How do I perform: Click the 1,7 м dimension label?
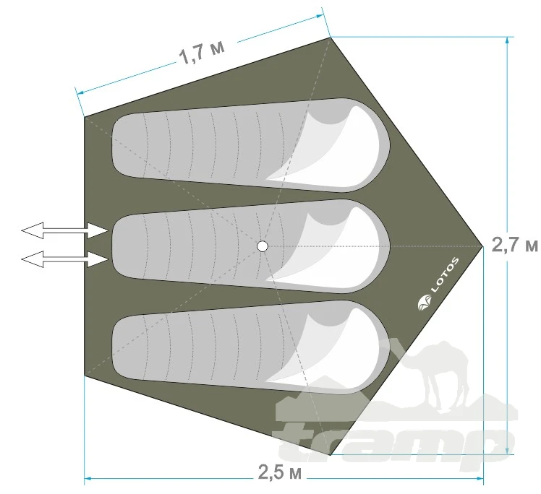pos(203,53)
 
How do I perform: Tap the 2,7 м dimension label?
pos(514,246)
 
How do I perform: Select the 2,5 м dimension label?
pos(280,472)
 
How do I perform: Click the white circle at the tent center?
pos(263,246)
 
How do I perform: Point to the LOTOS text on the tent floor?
pos(445,275)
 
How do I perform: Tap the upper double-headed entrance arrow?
pos(64,230)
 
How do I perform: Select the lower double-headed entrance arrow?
pos(64,259)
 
